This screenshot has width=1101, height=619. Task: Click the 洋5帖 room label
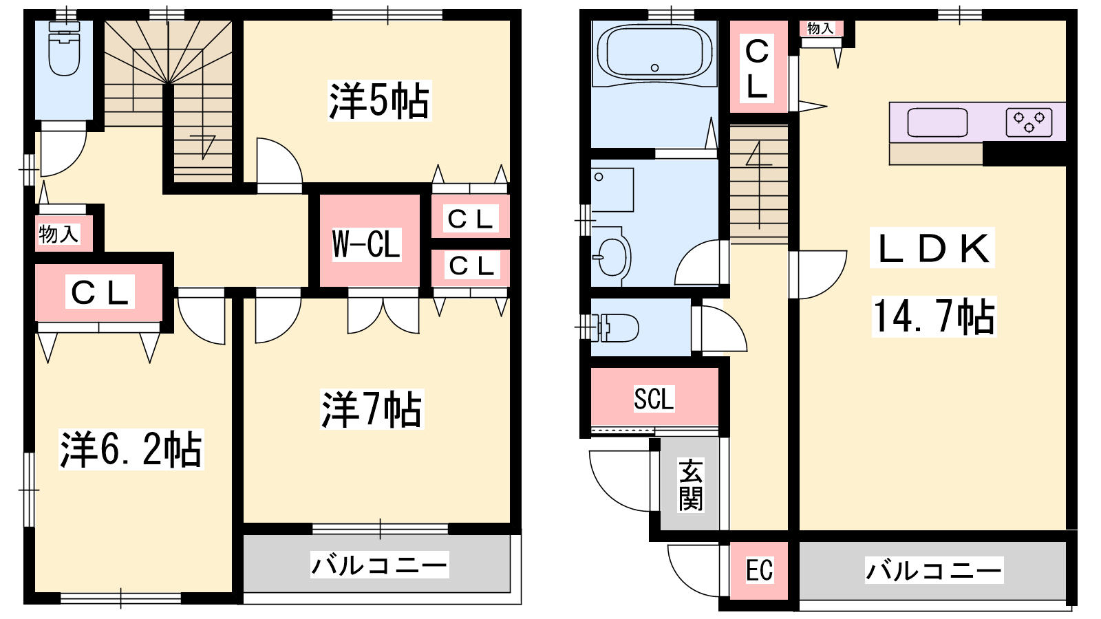coord(379,101)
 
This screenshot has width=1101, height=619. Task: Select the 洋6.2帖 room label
coord(131,450)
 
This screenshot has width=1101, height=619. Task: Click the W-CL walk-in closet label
coord(367,243)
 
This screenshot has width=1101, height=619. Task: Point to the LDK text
coord(932,248)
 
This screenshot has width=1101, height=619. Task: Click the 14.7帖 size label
coord(934,317)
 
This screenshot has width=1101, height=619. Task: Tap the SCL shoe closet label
coord(654,398)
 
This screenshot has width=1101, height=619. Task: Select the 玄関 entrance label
coord(691,485)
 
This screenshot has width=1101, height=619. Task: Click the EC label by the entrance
coord(760,570)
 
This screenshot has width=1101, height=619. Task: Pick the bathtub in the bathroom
coord(654,52)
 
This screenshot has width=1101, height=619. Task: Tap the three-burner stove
coord(1029,122)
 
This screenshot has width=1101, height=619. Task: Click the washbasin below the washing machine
coord(611,257)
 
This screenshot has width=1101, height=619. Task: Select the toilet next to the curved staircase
coord(64,48)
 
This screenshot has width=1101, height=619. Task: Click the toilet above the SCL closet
coord(614,327)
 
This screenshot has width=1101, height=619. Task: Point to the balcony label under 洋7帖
coord(379,565)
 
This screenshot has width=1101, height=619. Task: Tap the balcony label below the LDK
coord(934,570)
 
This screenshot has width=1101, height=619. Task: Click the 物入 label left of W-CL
coord(59,234)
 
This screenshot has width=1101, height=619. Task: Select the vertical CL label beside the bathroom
coord(757,69)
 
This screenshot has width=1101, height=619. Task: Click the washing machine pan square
coord(612,190)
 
